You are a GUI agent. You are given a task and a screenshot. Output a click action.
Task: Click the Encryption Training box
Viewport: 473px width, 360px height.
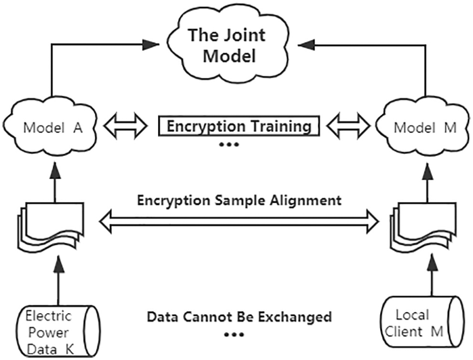click(239, 127)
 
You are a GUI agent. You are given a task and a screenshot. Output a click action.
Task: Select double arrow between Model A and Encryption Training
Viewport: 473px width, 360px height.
click(125, 127)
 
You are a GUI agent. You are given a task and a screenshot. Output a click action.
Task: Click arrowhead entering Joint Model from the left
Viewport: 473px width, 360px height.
click(151, 44)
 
